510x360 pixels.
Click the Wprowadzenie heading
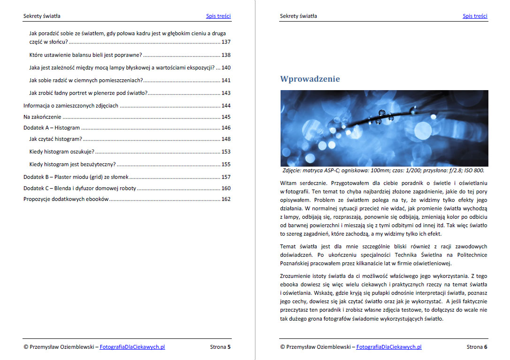tap(310, 79)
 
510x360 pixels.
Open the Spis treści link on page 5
tap(218, 16)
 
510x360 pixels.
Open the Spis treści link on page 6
tap(475, 16)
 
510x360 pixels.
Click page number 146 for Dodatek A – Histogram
tap(226, 128)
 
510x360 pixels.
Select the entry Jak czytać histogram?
tap(55, 139)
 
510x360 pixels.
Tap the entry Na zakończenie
tap(42, 117)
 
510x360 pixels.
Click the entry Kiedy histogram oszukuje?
tap(61, 152)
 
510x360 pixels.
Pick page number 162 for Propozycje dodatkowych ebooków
tap(226, 199)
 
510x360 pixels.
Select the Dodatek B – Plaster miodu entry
tap(76, 177)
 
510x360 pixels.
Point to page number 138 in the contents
tap(226, 55)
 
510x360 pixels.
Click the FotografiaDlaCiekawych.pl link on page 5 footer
tap(132, 347)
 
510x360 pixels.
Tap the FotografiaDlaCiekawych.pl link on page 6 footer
tap(388, 347)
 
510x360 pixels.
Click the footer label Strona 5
tap(220, 347)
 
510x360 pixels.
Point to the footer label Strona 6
tap(477, 347)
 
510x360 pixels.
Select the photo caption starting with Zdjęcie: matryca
tap(383, 171)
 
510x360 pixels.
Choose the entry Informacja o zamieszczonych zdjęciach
tap(71, 106)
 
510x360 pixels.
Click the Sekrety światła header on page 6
tap(298, 16)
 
